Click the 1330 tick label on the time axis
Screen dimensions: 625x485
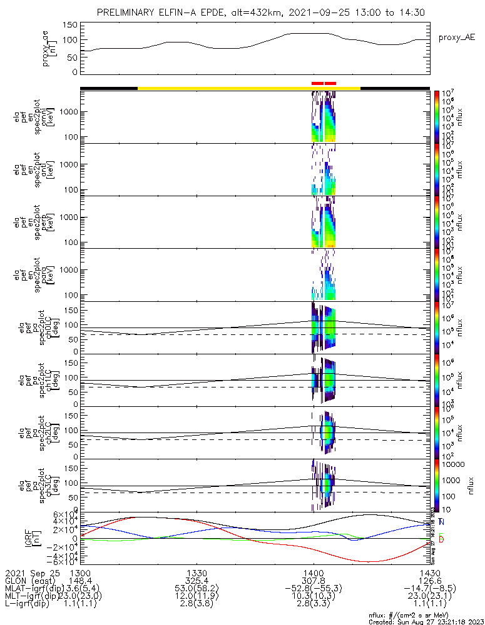click(x=197, y=572)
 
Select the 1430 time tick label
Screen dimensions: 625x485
click(x=429, y=572)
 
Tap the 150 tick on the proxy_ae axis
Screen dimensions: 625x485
click(x=70, y=25)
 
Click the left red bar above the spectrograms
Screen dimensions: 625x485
click(x=317, y=82)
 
